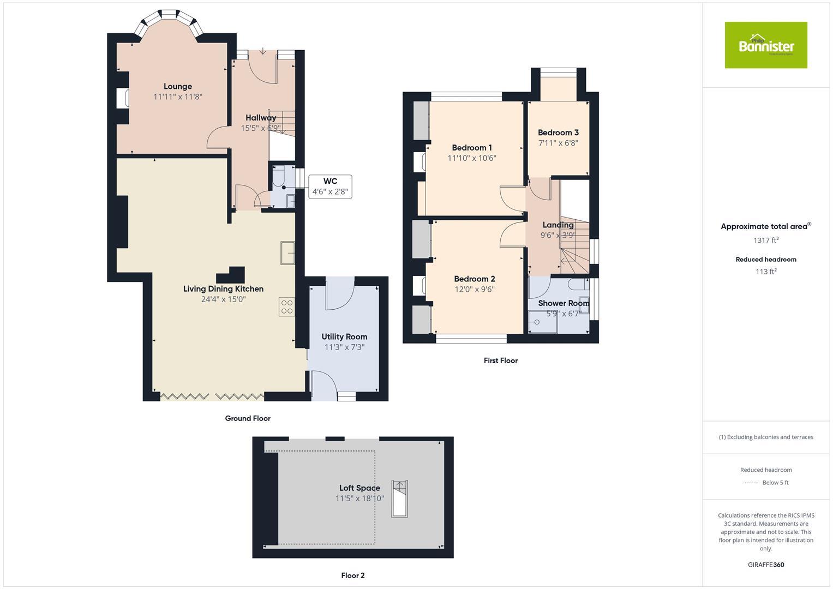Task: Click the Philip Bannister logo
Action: (765, 45)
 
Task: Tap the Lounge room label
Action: (178, 86)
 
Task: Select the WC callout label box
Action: (330, 187)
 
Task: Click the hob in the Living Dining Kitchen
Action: (287, 307)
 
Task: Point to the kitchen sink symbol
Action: (287, 253)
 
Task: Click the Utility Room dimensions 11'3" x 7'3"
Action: (344, 347)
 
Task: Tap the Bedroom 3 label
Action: (558, 133)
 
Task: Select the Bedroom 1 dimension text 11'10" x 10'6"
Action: (472, 158)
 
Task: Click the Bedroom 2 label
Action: (474, 279)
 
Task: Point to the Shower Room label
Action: (564, 303)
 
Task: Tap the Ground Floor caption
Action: (248, 418)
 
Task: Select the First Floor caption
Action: (500, 360)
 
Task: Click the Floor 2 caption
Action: (353, 575)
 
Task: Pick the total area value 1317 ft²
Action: (766, 240)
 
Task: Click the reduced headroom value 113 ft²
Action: (766, 272)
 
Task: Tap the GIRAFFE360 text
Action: (766, 565)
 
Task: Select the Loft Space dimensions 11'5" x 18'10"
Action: (359, 498)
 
